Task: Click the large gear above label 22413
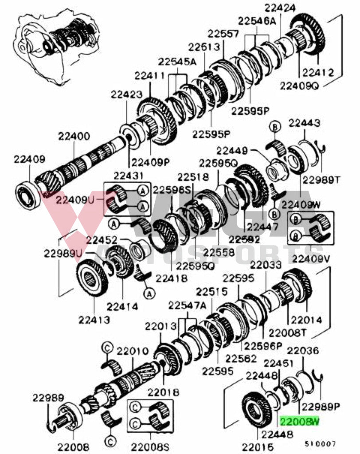point(92,280)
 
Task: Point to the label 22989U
point(63,254)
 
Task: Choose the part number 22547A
point(188,306)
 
